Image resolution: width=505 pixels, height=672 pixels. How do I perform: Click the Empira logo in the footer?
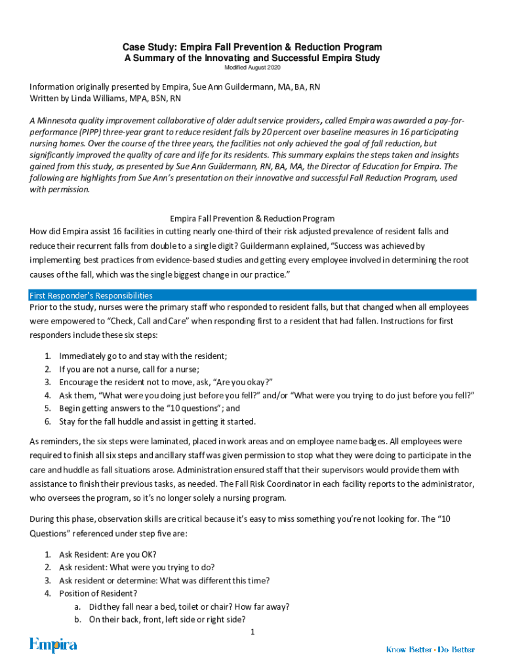pyautogui.click(x=53, y=646)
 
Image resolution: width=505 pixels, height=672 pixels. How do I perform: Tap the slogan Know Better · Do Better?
pyautogui.click(x=430, y=650)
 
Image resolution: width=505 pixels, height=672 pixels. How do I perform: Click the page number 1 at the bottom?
pyautogui.click(x=253, y=632)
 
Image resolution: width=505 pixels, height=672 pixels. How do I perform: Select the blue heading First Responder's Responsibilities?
pyautogui.click(x=91, y=295)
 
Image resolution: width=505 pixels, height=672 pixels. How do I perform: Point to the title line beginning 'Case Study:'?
pyautogui.click(x=253, y=48)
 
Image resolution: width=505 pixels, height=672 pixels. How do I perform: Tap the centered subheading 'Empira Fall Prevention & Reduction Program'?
pyautogui.click(x=253, y=218)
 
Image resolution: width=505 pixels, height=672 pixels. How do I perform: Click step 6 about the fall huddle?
pyautogui.click(x=157, y=421)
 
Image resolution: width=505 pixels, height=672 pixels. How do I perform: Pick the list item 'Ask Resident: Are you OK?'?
pyautogui.click(x=108, y=554)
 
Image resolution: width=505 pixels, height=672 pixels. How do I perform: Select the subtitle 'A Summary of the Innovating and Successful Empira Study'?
pyautogui.click(x=253, y=58)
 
